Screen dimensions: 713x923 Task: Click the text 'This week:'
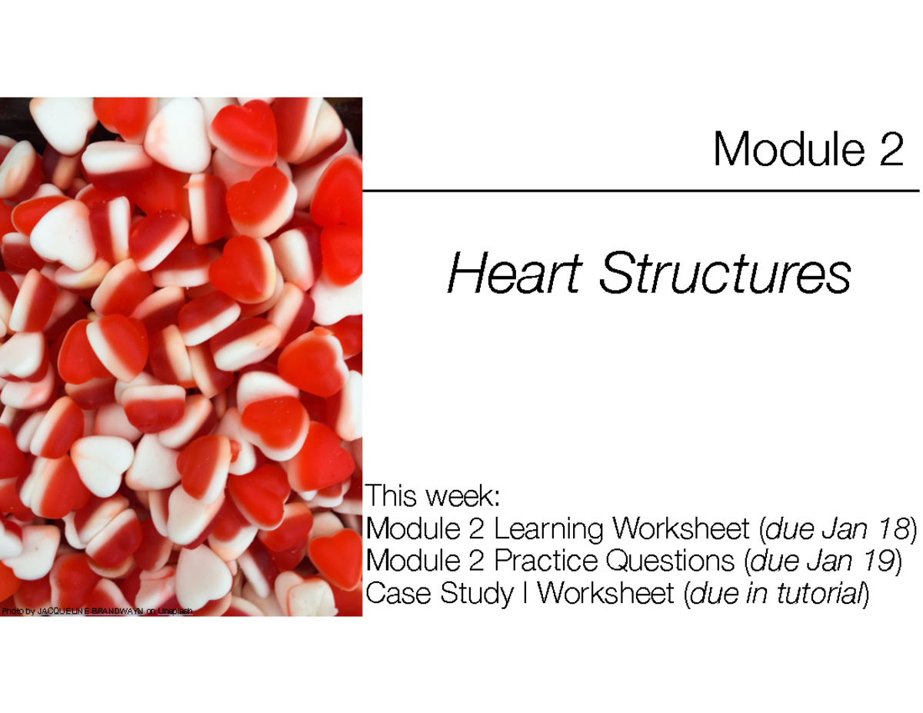435,496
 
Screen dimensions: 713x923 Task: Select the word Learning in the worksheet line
551,529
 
